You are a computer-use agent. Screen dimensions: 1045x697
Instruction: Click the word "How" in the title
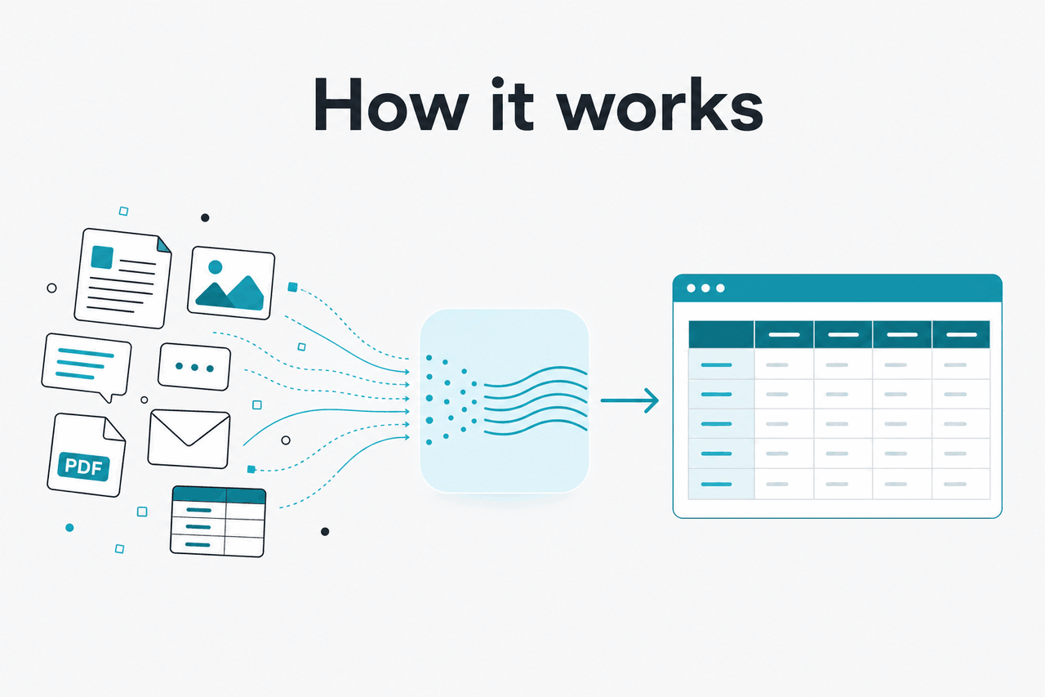(390, 105)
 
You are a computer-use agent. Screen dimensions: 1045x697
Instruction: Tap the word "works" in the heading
(661, 105)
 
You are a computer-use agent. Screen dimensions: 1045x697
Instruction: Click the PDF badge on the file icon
(83, 466)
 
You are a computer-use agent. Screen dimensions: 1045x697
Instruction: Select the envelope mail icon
(189, 439)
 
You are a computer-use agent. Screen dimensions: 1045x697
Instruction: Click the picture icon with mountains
(231, 283)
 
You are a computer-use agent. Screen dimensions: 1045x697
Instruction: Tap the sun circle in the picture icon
(215, 267)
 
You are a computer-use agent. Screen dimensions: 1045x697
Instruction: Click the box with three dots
(194, 367)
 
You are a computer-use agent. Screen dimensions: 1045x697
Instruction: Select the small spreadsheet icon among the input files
(218, 521)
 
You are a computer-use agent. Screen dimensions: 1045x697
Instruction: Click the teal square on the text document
(102, 257)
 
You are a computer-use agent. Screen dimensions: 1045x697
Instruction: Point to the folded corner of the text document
(163, 244)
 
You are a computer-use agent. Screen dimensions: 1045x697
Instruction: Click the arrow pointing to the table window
(629, 400)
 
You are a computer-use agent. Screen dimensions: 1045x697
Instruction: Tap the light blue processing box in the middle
(505, 400)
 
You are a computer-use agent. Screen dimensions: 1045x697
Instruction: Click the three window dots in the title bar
(706, 288)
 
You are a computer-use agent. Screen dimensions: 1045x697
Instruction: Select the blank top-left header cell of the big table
(721, 334)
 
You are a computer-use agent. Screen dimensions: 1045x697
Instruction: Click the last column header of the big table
(961, 334)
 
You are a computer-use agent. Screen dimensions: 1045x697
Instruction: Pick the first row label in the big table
(717, 365)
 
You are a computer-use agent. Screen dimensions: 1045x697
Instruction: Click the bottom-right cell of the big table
(961, 484)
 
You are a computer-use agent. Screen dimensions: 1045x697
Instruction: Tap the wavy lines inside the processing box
(536, 400)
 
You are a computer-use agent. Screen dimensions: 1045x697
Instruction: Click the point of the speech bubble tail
(109, 402)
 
